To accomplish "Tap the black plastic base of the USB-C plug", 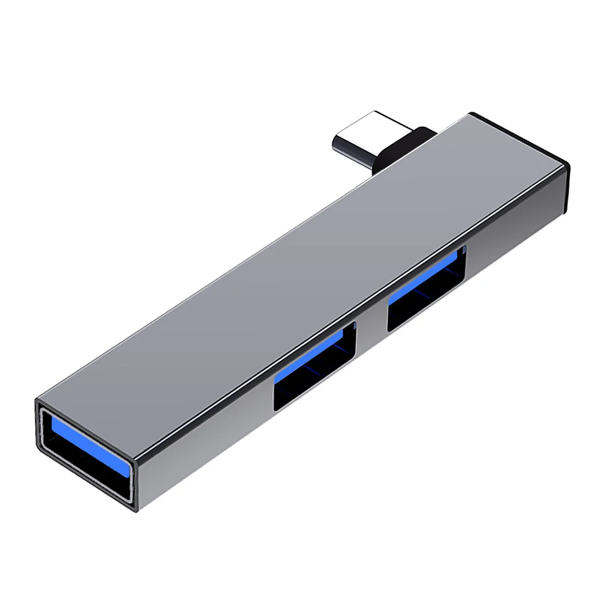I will click(406, 145).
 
